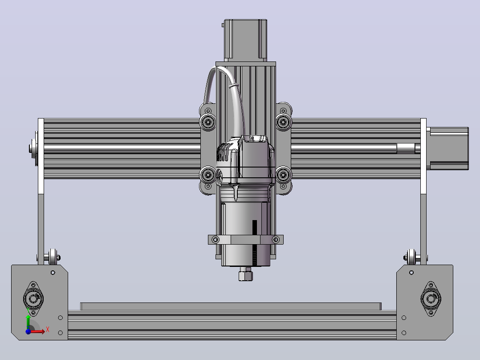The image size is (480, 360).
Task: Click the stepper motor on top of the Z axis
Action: (245, 40)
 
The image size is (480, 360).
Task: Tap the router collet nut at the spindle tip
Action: (245, 274)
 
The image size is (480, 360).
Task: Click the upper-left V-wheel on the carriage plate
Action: (208, 122)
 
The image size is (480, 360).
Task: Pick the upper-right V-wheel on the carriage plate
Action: (283, 122)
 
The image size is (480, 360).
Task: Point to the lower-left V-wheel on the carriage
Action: (208, 175)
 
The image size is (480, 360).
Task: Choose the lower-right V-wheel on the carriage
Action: (283, 175)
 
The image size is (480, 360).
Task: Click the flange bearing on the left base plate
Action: (33, 299)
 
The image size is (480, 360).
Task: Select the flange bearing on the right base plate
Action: (431, 299)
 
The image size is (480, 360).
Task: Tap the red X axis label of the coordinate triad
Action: (48, 330)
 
